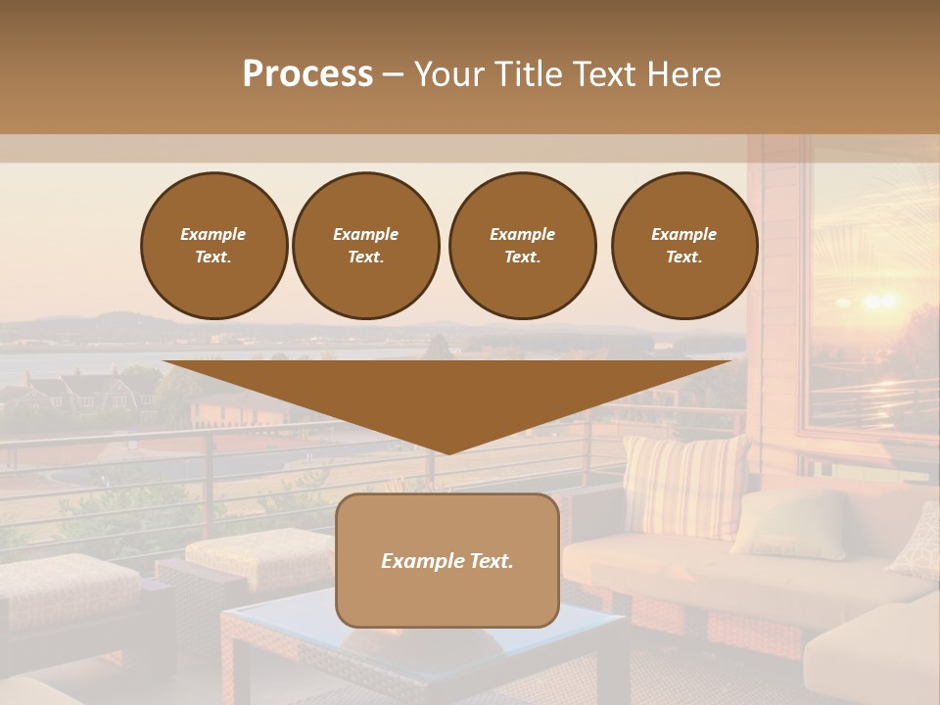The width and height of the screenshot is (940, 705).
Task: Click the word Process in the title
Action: click(x=307, y=74)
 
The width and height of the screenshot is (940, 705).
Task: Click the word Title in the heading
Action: click(x=528, y=74)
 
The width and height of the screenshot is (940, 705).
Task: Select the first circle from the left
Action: click(x=214, y=246)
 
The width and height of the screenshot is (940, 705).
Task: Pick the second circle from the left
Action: click(x=366, y=246)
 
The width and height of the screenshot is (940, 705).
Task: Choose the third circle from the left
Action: click(x=522, y=246)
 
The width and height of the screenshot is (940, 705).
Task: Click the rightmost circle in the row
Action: click(x=684, y=246)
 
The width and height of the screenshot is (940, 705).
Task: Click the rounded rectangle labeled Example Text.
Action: click(x=447, y=560)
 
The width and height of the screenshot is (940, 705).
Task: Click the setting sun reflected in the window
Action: click(x=878, y=301)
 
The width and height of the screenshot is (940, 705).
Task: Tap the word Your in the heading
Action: click(x=450, y=74)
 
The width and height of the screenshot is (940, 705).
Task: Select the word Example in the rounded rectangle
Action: click(x=420, y=561)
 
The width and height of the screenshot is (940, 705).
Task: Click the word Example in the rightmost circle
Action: click(x=684, y=234)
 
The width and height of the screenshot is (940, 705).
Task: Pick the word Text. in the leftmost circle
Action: click(x=213, y=258)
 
